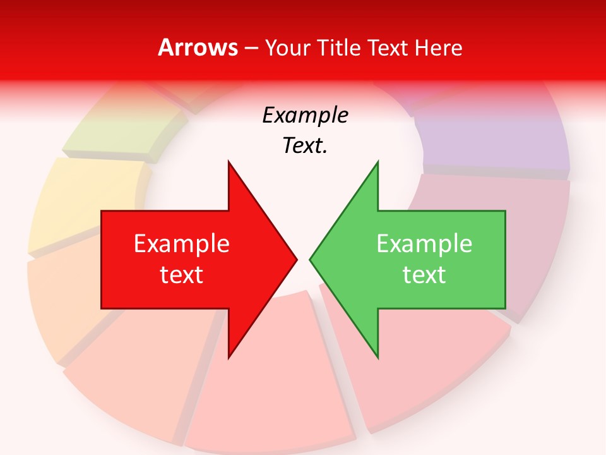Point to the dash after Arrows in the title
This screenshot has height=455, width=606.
(251, 49)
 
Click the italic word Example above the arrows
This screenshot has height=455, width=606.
(305, 116)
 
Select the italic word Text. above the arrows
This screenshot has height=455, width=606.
(305, 145)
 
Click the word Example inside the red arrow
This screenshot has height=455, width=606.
(182, 244)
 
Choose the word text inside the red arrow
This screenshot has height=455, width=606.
(182, 274)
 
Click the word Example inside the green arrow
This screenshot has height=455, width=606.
(424, 244)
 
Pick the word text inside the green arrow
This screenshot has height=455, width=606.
(424, 274)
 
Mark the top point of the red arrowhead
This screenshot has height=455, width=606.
(229, 162)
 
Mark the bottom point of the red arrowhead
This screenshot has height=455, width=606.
(229, 357)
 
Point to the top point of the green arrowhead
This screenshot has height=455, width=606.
(377, 162)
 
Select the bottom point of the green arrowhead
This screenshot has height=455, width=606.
(377, 357)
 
